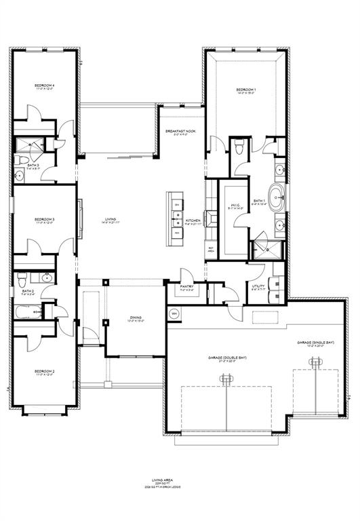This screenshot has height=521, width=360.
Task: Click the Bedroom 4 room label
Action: (x=45, y=85)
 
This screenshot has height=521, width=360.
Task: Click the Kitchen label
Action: (x=193, y=220)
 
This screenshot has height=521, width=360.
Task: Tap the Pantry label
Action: (x=187, y=287)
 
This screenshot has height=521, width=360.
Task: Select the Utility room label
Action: (x=258, y=287)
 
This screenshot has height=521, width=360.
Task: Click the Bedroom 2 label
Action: (x=45, y=372)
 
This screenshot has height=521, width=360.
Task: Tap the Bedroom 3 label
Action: (x=45, y=220)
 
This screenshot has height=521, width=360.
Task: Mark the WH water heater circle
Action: (x=174, y=313)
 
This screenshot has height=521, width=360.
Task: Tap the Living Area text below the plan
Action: (x=180, y=479)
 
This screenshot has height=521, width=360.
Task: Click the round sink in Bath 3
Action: (x=20, y=176)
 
